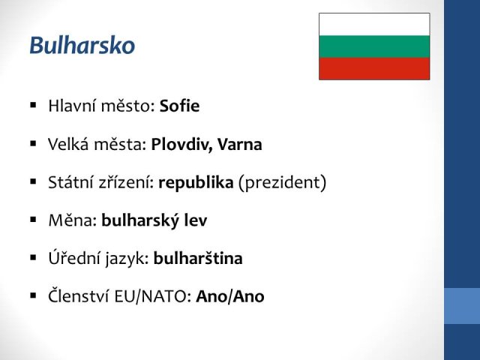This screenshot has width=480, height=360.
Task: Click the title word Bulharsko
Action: (82, 45)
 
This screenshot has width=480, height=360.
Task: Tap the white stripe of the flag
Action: (374, 25)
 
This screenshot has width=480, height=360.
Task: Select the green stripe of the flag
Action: (374, 46)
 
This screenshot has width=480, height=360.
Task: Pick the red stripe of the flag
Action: (374, 68)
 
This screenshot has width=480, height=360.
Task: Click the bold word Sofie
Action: (179, 106)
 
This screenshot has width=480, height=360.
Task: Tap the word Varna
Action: (240, 144)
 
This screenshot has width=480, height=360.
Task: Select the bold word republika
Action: (196, 182)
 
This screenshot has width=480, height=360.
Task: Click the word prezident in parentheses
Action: (282, 182)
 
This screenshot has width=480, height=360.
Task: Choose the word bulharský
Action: (140, 220)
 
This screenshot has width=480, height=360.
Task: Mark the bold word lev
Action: (196, 220)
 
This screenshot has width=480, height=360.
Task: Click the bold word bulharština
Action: (198, 258)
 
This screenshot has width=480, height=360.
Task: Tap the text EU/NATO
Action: (153, 296)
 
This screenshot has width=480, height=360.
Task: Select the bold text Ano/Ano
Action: (230, 296)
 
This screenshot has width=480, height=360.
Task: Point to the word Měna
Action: (73, 220)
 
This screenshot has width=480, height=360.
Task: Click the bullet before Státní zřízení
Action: (33, 181)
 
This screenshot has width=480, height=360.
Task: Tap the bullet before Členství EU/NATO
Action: (33, 295)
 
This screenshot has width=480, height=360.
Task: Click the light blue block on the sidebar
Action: (462, 306)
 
